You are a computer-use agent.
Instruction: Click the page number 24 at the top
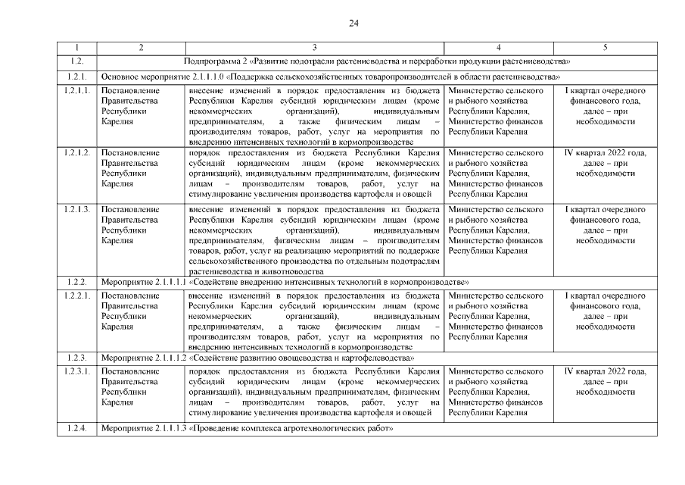pyautogui.click(x=353, y=23)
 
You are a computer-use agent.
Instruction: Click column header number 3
pyautogui.click(x=314, y=48)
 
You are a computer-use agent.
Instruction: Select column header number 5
pyautogui.click(x=605, y=48)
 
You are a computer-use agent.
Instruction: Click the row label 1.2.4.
pyautogui.click(x=76, y=429)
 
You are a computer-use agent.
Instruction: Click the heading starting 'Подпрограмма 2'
pyautogui.click(x=377, y=61)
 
